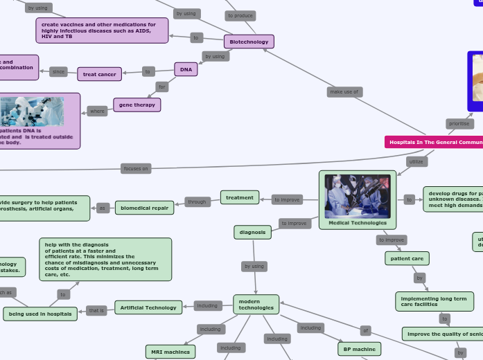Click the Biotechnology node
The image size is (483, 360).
click(249, 42)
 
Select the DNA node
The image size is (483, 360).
click(186, 69)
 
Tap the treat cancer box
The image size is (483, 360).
click(99, 74)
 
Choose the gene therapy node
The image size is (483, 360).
click(137, 105)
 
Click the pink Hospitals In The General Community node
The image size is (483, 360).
click(434, 142)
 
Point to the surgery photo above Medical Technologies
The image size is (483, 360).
click(358, 196)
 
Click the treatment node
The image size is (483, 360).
click(240, 197)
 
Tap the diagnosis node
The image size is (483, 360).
click(252, 233)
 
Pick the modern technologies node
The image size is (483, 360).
click(256, 305)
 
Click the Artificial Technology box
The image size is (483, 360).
click(148, 307)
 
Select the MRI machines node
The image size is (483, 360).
click(170, 352)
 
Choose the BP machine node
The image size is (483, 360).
click(359, 349)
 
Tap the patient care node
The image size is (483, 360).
click(407, 258)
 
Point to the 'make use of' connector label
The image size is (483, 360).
click(344, 91)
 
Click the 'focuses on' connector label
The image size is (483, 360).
click(135, 168)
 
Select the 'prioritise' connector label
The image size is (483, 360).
click(459, 124)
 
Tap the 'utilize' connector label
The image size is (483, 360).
click(416, 161)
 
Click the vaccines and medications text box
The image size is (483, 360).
click(102, 30)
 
